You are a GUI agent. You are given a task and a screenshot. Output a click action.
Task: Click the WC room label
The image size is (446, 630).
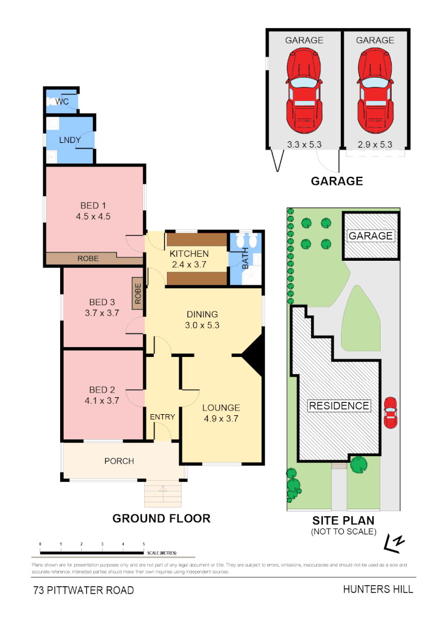pos(62,102)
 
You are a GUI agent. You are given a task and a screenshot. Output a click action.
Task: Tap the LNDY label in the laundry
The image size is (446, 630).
pos(68,140)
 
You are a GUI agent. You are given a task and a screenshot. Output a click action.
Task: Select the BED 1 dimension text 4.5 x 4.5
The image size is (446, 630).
pos(93,216)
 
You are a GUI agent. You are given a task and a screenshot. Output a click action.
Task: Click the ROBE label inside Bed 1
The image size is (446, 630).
pos(88,258)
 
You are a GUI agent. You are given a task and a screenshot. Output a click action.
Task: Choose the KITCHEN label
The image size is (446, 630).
pos(189,254)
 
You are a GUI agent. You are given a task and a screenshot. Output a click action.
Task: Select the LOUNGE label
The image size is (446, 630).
pos(221,408)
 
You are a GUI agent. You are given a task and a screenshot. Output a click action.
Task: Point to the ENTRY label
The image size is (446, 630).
pos(162,416)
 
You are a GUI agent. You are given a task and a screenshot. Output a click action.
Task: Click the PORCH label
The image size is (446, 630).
pos(119,461)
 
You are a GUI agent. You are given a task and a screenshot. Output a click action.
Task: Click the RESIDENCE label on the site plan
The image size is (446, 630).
pos(339,406)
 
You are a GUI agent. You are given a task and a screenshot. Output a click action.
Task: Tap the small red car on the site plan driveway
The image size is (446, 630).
pos(390,412)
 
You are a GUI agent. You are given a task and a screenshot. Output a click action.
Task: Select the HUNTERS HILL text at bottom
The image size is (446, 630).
pos(378,589)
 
